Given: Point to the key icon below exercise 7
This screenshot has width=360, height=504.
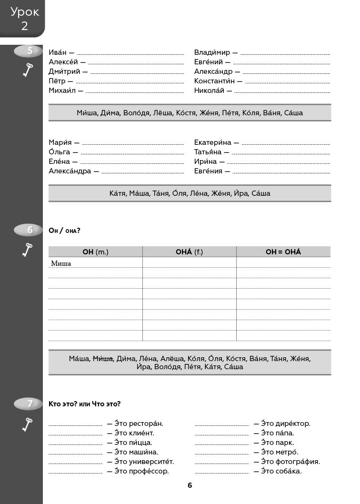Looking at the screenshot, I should point(28,423).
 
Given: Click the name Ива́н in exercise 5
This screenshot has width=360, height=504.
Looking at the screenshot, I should point(58,52).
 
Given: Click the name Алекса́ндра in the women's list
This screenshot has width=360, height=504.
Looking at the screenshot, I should point(70,171).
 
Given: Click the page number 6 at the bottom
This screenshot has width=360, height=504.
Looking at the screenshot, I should point(190,485).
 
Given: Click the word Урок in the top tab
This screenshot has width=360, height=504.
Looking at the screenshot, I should point(25,12).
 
